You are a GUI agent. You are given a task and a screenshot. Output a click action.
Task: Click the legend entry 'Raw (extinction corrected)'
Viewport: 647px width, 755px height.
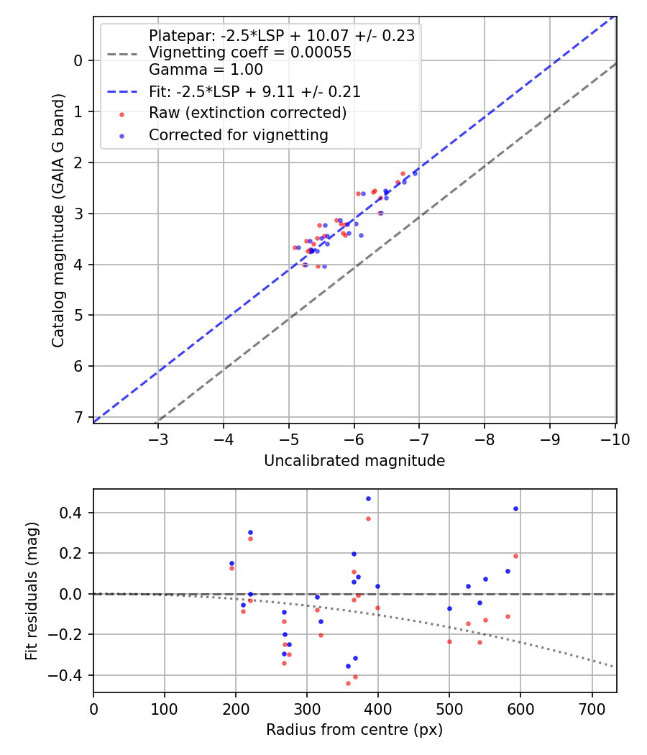tap(247, 113)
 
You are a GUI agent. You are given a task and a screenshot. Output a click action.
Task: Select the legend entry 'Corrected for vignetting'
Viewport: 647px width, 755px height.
tap(238, 134)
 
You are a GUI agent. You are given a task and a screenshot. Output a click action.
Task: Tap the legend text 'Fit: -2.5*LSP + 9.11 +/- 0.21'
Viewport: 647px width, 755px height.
tap(254, 91)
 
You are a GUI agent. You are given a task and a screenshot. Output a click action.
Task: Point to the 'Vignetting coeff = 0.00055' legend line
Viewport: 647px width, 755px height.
tap(249, 52)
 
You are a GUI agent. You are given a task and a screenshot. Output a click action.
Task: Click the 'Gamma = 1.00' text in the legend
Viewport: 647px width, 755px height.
tap(206, 70)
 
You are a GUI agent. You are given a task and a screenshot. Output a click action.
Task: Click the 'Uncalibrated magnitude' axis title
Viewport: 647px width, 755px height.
tap(354, 461)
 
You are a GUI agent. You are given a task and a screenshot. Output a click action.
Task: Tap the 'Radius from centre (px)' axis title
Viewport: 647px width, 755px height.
tap(354, 730)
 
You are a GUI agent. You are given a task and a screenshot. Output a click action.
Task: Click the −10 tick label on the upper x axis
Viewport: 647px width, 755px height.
tap(614, 439)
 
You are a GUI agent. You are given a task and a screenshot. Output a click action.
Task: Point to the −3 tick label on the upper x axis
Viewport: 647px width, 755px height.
tap(158, 439)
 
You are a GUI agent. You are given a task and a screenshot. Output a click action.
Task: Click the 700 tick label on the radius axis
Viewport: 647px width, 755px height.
tap(592, 710)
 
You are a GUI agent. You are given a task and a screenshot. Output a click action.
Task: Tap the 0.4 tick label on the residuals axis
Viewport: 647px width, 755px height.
tap(74, 513)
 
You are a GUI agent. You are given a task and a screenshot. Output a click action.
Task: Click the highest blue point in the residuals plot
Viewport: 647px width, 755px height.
tap(368, 498)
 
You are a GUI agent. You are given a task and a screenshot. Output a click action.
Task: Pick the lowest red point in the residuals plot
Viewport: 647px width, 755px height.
tap(348, 683)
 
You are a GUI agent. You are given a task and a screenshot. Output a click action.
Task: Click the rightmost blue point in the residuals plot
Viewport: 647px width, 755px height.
tap(515, 508)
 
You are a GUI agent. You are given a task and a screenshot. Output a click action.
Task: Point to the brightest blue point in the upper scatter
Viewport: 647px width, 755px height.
tap(415, 173)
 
